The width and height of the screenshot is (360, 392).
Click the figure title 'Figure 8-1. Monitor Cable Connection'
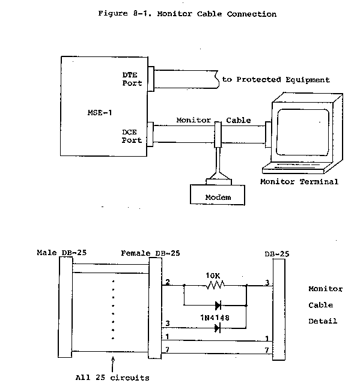coord(187,14)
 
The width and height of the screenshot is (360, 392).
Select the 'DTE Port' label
coord(132,79)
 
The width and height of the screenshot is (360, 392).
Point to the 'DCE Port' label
coord(132,136)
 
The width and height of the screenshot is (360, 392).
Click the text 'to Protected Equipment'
coord(276,80)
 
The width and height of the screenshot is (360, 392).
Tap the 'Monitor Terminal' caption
coord(299,181)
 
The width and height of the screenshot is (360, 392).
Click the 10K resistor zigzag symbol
coord(214,287)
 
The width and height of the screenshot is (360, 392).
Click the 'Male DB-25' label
coord(61,252)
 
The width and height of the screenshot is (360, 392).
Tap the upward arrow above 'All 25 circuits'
coord(112,364)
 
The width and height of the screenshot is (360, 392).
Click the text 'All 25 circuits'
coord(112,378)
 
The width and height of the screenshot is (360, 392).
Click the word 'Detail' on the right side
coord(323,321)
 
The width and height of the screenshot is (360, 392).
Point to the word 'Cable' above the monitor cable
coord(238,120)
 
